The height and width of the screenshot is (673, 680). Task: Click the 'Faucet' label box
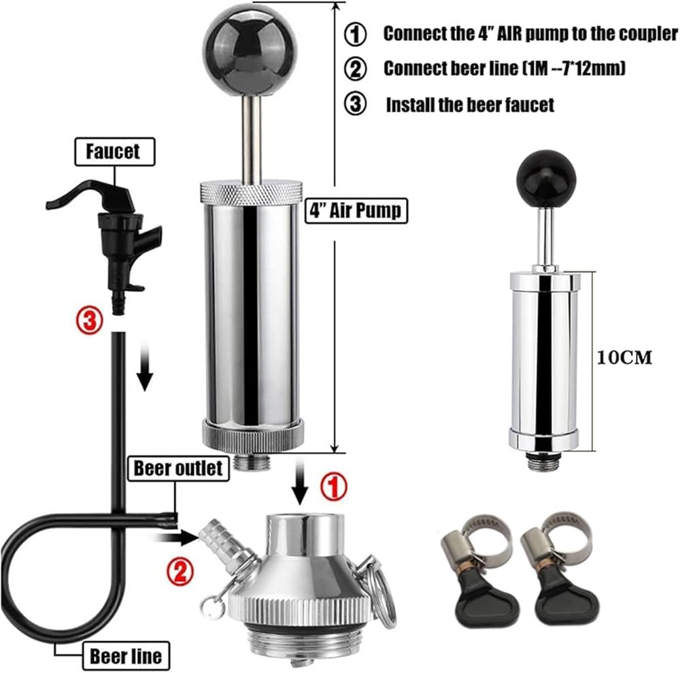point(115,152)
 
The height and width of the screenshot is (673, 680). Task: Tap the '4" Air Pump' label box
point(356,210)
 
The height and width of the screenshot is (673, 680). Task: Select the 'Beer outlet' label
point(178,468)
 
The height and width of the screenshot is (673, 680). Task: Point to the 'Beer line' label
point(126,655)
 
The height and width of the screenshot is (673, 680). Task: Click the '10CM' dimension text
point(624,357)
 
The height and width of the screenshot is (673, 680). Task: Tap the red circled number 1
point(333,487)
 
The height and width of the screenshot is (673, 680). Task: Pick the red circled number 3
point(90,322)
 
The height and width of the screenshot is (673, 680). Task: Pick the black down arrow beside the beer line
point(146,366)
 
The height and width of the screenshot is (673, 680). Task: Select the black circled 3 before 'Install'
point(355,104)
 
